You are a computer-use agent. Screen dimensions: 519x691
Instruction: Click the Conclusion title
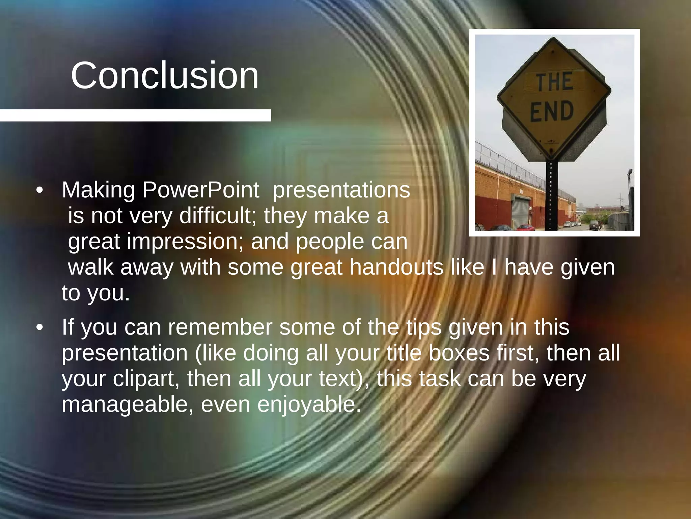click(165, 76)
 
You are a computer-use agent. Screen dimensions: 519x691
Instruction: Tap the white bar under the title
click(135, 115)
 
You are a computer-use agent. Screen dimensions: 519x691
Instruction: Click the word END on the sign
click(552, 111)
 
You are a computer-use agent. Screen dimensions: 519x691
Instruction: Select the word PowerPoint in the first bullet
click(200, 190)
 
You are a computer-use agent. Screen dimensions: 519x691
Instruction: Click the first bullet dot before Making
click(40, 191)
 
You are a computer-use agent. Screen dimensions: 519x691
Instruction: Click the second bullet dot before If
click(40, 328)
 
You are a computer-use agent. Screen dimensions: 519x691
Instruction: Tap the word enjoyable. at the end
click(309, 404)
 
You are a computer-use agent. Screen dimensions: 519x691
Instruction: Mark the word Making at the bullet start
click(98, 190)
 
